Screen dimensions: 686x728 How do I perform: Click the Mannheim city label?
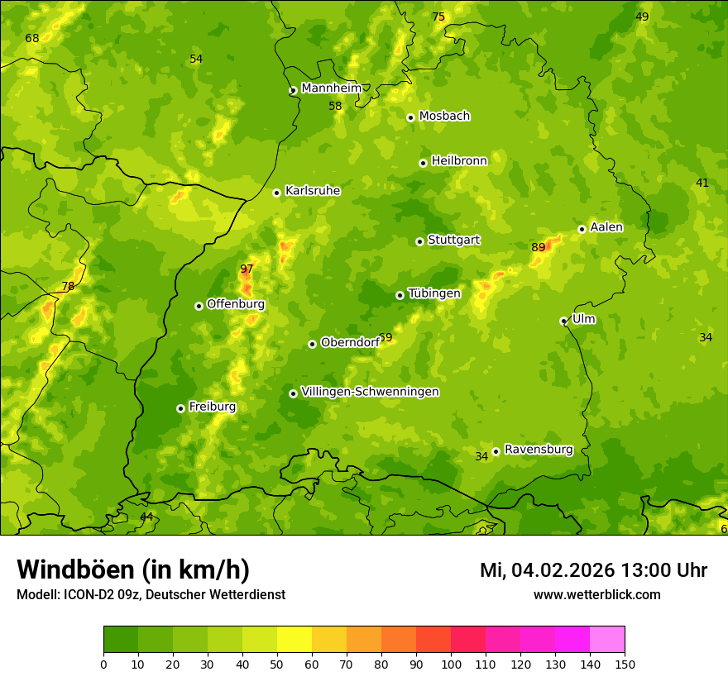332,88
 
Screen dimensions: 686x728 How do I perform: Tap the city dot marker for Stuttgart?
420,241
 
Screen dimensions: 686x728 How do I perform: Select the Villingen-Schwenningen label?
370,392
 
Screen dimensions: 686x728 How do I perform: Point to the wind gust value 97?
247,269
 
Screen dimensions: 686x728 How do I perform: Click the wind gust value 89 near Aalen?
539,247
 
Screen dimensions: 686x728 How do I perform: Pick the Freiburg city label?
212,407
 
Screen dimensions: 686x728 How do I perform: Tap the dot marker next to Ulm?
564,321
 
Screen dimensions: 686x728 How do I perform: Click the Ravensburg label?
539,450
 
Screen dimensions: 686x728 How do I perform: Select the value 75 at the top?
438,17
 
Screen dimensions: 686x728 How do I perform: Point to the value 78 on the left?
68,287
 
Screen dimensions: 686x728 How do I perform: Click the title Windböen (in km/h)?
133,570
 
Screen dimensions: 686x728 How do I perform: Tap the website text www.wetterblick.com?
596,594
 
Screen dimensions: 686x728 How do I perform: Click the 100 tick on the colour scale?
451,664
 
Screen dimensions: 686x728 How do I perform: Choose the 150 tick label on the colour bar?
624,664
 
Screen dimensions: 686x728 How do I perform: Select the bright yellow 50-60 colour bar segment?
295,639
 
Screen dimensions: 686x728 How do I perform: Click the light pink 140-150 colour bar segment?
607,639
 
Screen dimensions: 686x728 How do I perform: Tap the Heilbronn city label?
459,160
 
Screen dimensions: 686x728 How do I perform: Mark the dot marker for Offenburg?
199,306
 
